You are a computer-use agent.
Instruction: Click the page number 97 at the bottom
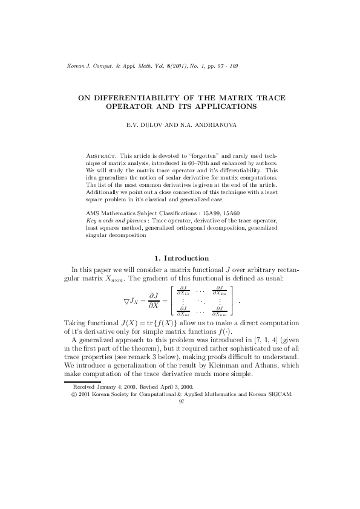(181, 400)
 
